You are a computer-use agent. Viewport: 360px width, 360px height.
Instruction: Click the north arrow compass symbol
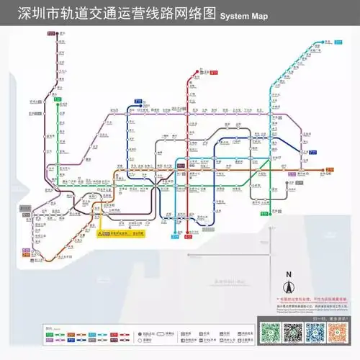pos(288,287)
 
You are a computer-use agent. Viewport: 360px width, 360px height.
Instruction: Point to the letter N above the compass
pos(288,274)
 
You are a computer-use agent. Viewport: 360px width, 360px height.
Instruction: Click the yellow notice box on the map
pos(122,234)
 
